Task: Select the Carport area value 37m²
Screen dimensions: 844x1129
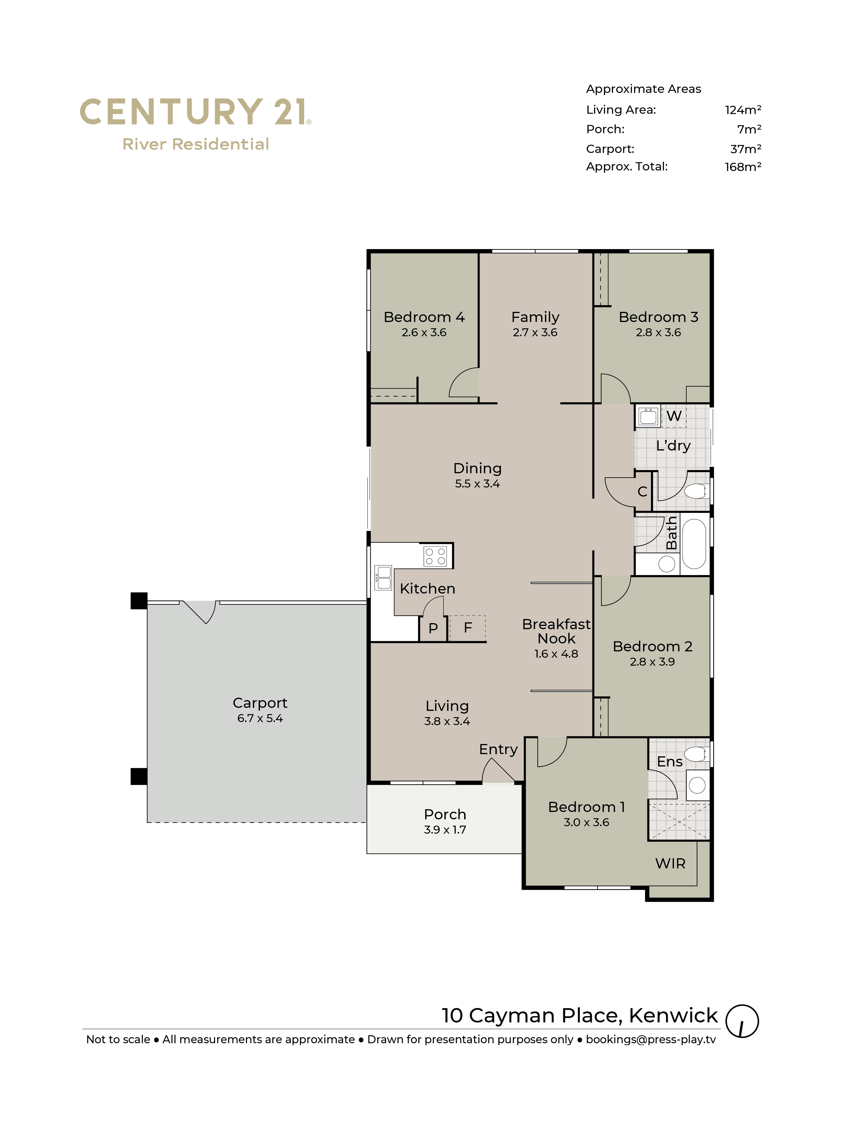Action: point(746,149)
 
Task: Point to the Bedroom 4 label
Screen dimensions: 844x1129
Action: point(424,317)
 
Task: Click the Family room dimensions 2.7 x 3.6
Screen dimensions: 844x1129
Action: point(535,332)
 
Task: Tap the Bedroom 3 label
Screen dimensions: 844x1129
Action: point(658,317)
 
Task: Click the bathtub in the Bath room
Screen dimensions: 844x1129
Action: point(694,544)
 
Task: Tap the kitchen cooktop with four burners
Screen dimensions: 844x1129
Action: point(435,556)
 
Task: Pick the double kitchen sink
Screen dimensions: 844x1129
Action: point(383,577)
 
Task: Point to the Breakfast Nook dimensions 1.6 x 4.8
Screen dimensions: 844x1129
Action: point(556,654)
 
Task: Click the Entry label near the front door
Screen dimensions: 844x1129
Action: point(498,749)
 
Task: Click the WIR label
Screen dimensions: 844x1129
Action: point(670,863)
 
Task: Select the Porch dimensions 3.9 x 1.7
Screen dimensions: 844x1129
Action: point(445,830)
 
